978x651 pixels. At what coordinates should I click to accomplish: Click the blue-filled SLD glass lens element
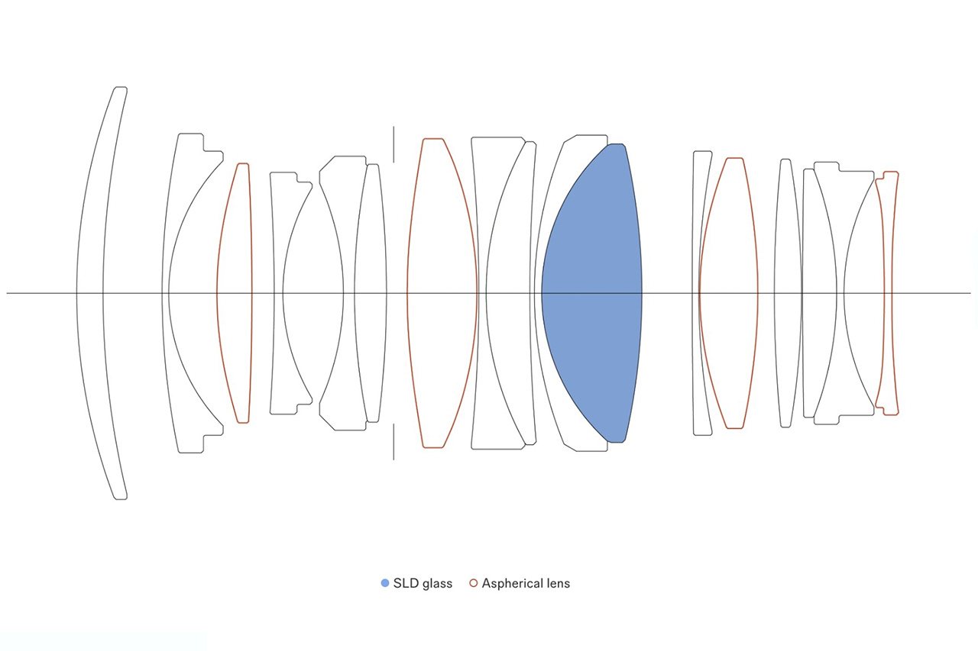(591, 293)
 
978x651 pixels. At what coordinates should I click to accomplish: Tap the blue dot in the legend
(384, 583)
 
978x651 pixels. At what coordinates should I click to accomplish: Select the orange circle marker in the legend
(473, 583)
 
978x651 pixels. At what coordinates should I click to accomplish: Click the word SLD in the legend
(406, 583)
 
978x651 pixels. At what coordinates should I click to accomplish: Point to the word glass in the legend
(437, 585)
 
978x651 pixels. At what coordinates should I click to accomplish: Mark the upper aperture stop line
(393, 144)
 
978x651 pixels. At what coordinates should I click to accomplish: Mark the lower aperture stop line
(393, 442)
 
